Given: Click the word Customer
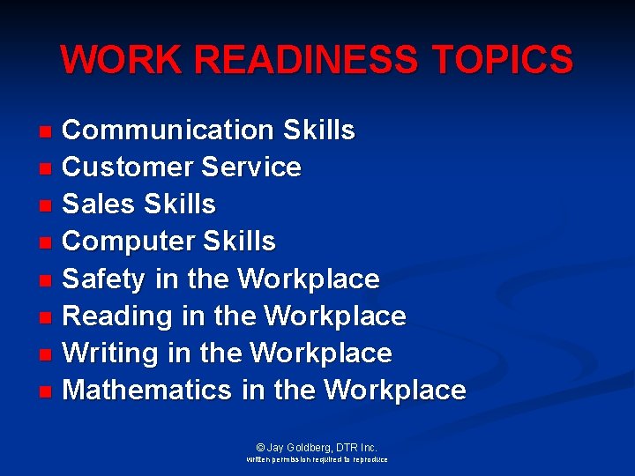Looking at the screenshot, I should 127,167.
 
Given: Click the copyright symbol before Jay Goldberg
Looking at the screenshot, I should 259,448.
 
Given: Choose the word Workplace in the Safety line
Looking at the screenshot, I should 309,279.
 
